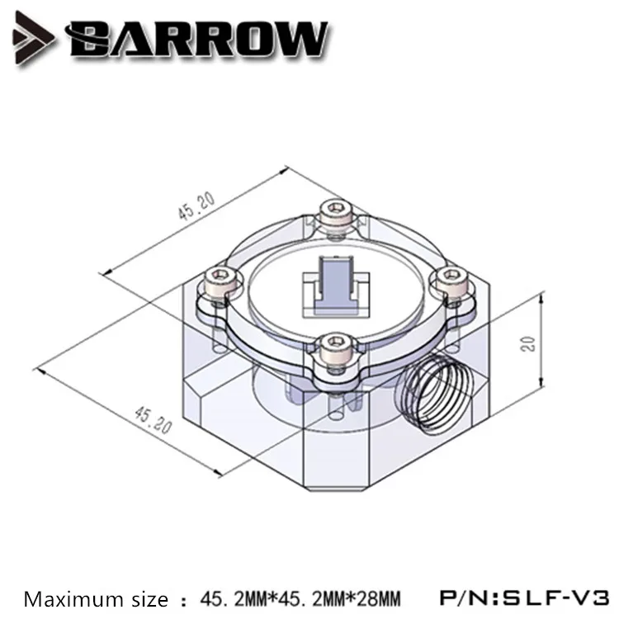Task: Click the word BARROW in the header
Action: click(197, 40)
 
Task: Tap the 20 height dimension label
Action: click(530, 343)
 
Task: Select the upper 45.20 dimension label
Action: click(196, 206)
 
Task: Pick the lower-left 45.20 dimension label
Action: click(154, 420)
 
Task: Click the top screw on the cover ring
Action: click(336, 213)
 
